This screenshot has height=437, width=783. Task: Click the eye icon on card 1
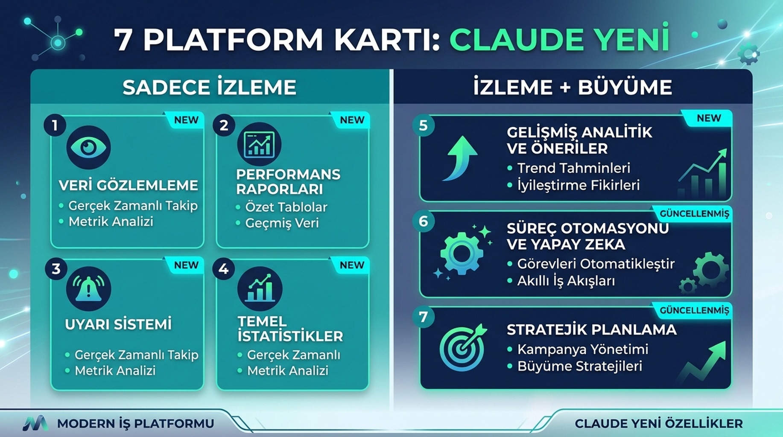pos(88,147)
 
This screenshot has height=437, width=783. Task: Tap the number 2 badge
pos(224,126)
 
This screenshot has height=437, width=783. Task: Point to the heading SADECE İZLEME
pos(209,87)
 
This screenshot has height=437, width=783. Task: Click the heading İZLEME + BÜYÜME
pos(573,87)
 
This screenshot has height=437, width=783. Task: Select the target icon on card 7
pos(463,347)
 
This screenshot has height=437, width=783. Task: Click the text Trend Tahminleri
pos(573,168)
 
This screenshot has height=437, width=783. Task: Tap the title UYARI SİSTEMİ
pos(118,324)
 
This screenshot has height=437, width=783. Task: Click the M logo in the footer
pos(36,423)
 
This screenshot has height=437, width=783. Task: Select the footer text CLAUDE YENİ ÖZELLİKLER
pos(659,424)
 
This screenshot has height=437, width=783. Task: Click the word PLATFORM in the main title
pos(233,40)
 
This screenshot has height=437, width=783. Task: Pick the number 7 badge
pos(423,317)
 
